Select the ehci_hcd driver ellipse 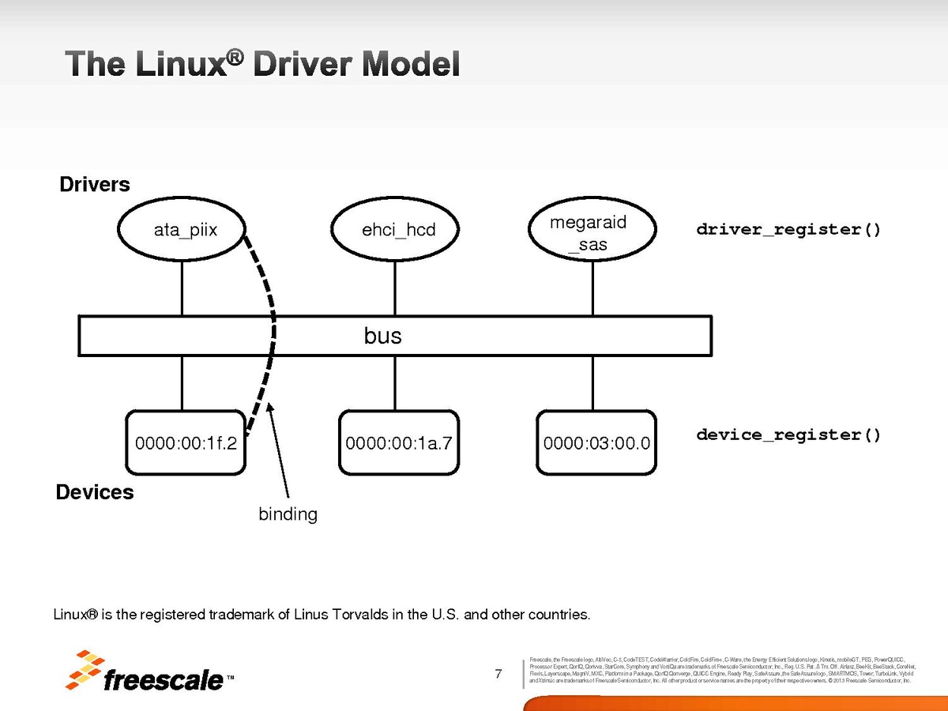tap(397, 231)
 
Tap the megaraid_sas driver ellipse tap(592, 232)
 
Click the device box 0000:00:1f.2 tap(186, 442)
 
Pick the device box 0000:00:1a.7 tap(398, 442)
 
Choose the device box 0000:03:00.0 tap(596, 442)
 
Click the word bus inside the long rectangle tap(383, 337)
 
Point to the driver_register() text tap(788, 230)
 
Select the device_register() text tap(788, 435)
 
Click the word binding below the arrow tap(288, 514)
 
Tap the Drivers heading tap(95, 185)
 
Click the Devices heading tap(95, 493)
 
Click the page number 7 tap(498, 674)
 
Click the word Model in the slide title tap(411, 64)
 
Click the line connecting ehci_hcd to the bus tap(397, 288)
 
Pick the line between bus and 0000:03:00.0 tap(592, 383)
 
